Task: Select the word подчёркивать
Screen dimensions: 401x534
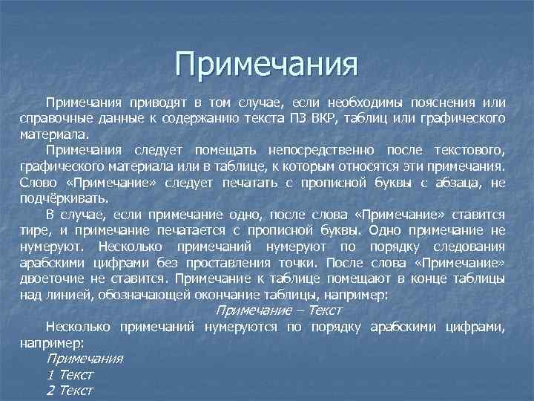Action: click(x=65, y=198)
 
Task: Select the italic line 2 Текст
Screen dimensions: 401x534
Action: click(x=70, y=391)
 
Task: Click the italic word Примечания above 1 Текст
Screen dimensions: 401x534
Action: click(x=85, y=359)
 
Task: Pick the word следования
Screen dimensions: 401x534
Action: click(x=469, y=246)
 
